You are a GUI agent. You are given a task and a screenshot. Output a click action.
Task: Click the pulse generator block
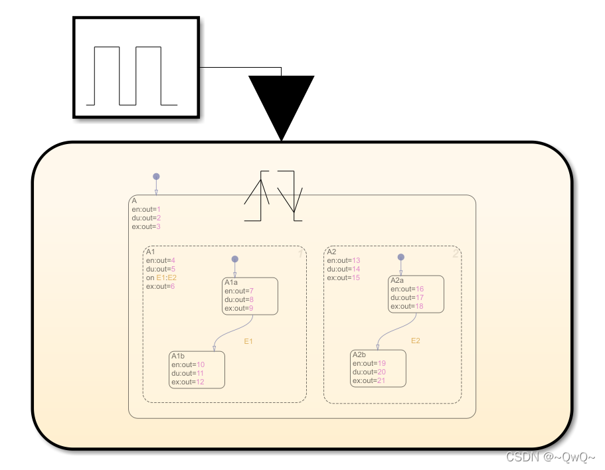click(x=135, y=68)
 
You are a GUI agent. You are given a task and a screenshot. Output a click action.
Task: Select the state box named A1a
click(x=250, y=296)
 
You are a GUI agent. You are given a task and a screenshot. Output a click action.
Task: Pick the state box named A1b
click(x=197, y=370)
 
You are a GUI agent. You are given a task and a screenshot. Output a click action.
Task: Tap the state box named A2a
click(x=416, y=293)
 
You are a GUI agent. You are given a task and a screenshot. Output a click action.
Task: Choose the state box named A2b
click(x=378, y=368)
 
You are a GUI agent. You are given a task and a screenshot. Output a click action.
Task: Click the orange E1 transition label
click(x=249, y=341)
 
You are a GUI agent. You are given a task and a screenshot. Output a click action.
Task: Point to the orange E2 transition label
click(x=416, y=341)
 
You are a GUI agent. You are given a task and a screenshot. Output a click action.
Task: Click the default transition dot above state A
click(x=156, y=177)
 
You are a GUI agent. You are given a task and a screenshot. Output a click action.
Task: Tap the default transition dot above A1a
click(x=234, y=259)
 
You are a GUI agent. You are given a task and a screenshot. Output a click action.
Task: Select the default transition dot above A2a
click(x=400, y=257)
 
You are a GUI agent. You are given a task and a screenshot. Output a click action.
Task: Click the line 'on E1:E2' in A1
click(x=162, y=277)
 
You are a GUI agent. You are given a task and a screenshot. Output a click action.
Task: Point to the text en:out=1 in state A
click(x=146, y=209)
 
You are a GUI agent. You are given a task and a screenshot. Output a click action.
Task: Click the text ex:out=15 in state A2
click(x=343, y=277)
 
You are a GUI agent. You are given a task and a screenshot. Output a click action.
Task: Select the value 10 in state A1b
click(x=201, y=364)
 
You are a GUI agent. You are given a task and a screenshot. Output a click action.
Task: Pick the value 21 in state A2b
click(x=381, y=380)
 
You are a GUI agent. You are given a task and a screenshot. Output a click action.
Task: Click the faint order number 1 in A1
click(x=300, y=254)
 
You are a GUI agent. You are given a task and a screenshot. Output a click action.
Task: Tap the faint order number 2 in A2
click(x=455, y=254)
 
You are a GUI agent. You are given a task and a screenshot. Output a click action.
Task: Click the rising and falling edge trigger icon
click(x=274, y=196)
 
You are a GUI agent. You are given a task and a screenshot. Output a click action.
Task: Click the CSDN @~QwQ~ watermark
click(x=551, y=457)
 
